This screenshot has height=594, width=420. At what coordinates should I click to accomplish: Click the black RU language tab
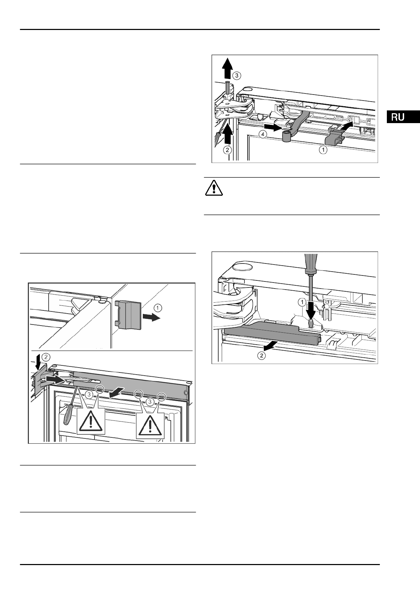403,117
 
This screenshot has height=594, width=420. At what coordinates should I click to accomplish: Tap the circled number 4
262,134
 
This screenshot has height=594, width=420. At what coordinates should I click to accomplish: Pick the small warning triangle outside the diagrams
213,188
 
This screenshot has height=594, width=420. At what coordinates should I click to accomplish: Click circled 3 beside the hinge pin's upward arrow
237,75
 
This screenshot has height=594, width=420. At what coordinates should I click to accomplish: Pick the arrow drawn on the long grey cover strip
116,391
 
